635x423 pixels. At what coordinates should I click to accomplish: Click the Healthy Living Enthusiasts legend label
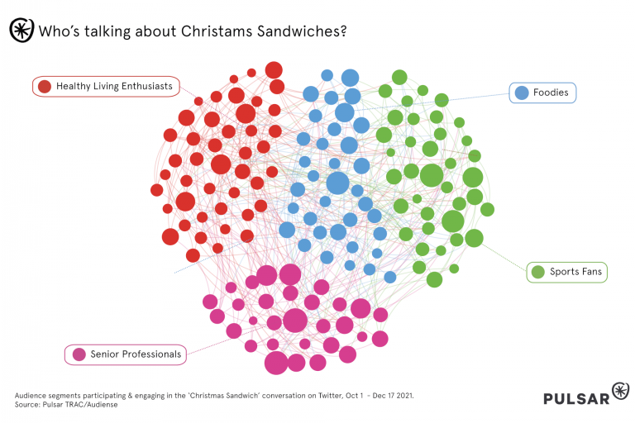tap(114, 86)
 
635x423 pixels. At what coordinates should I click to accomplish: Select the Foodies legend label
tap(551, 93)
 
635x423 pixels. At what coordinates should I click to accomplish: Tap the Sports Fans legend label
tap(576, 271)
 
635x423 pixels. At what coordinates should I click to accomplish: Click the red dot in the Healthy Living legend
tap(45, 86)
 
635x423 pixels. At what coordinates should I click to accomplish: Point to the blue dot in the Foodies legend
tap(522, 93)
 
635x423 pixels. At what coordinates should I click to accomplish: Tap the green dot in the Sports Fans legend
tap(538, 271)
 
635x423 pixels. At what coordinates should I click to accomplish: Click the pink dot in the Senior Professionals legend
tap(79, 354)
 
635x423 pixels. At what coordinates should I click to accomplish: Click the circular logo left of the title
tap(20, 31)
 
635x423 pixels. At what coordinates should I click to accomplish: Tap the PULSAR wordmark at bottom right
tap(575, 398)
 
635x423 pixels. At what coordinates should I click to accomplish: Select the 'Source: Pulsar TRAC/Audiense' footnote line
tap(67, 405)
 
